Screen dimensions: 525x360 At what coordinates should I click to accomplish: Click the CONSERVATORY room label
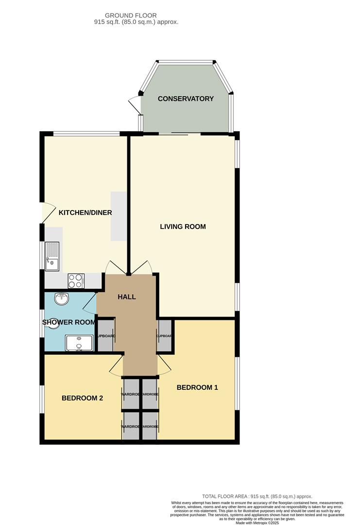(186, 99)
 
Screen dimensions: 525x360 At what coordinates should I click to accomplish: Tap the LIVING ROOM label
(183, 227)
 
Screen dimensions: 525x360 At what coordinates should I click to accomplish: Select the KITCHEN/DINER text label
(86, 213)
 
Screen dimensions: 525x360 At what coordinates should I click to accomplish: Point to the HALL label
(127, 297)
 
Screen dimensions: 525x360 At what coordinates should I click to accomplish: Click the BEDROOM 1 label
(197, 387)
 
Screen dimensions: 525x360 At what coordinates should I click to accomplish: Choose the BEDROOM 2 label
(82, 398)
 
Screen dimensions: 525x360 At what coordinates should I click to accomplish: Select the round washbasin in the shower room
(62, 299)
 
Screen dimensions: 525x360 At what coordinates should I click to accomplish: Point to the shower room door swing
(90, 303)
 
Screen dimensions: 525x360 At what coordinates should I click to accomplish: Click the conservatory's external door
(134, 103)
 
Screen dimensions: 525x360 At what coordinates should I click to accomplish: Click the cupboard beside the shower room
(106, 336)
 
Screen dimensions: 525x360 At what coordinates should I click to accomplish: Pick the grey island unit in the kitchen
(119, 216)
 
